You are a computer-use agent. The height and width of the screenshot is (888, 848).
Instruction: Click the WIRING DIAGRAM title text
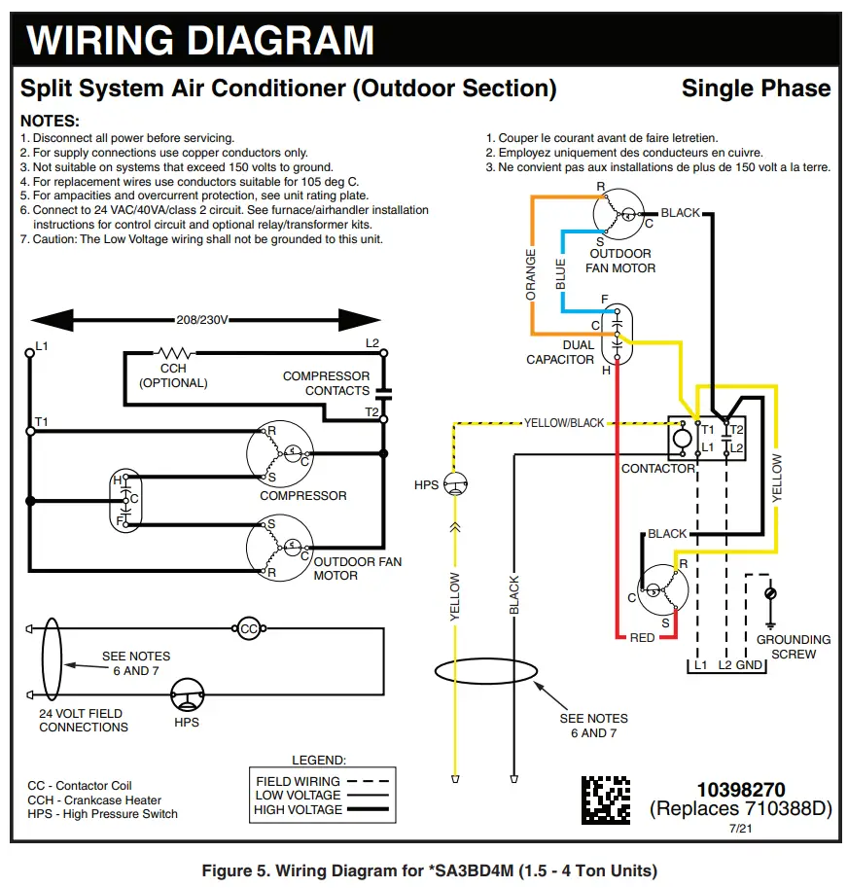(x=200, y=41)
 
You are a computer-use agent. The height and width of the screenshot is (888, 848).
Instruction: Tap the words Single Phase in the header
(x=756, y=89)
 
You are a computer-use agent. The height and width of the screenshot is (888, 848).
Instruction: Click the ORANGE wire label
(x=531, y=274)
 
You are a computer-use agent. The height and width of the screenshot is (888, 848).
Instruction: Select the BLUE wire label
(x=560, y=273)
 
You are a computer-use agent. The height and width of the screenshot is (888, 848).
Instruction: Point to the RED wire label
(x=642, y=638)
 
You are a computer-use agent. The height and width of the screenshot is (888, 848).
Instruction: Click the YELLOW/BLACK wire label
(x=563, y=423)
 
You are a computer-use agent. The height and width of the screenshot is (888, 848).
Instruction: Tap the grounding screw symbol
(x=770, y=593)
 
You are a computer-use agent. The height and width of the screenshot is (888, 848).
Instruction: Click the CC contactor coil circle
(x=249, y=629)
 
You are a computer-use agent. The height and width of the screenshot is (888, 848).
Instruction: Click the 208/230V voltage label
(x=201, y=320)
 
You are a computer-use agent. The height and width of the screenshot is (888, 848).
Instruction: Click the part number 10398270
(x=740, y=790)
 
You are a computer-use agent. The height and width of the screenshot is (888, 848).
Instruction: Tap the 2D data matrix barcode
(x=606, y=799)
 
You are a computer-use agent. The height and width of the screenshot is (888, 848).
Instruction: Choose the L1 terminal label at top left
(x=41, y=345)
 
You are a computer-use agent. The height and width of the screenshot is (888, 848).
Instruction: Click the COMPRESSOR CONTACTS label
(x=326, y=383)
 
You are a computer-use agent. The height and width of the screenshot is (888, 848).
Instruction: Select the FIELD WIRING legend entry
(x=298, y=781)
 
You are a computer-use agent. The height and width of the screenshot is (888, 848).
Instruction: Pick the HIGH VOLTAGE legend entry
(x=298, y=809)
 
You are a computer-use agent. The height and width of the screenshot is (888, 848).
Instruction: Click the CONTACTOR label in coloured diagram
(x=657, y=469)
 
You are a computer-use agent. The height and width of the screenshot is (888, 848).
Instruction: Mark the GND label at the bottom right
(x=749, y=665)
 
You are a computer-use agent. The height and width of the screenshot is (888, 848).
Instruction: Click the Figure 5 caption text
(x=429, y=870)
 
